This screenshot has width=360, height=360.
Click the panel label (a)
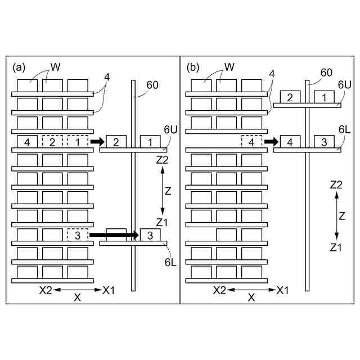19,67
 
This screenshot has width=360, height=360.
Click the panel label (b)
193,67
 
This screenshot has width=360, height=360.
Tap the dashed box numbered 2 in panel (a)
52,141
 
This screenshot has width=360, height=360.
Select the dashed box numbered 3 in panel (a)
78,235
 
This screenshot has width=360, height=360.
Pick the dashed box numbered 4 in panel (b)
251,141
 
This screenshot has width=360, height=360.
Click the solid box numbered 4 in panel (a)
27,141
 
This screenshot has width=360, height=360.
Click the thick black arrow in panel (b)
272,141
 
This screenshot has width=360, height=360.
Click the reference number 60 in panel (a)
152,85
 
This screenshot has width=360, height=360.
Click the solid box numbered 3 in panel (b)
324,141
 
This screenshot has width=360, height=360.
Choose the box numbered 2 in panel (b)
290,97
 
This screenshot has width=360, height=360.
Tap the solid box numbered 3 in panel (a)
150,235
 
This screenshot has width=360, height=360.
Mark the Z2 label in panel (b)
336,184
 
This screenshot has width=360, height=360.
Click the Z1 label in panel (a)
162,223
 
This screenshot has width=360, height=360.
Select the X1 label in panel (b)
283,290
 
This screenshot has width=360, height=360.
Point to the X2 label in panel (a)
46,290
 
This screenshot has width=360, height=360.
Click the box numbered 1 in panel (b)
324,97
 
